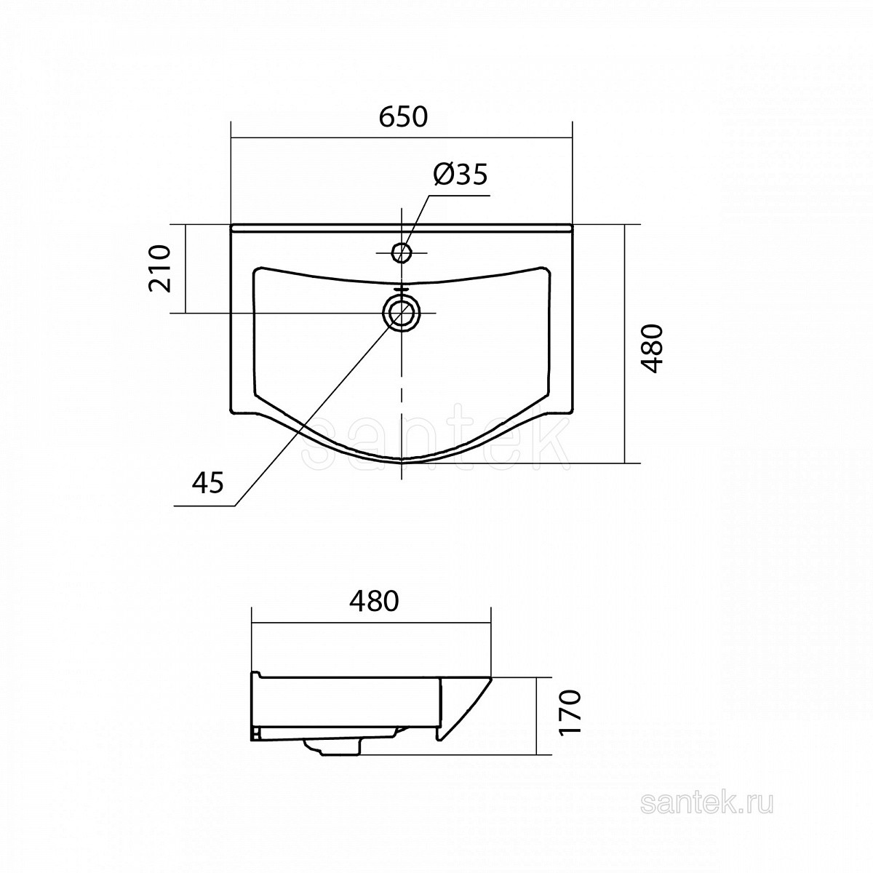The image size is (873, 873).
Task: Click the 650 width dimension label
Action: (403, 117)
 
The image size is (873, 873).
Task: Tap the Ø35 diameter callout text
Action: (461, 175)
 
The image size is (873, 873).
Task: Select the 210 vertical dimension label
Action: (160, 268)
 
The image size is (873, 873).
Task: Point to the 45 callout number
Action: (208, 482)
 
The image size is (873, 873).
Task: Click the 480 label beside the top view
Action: (653, 348)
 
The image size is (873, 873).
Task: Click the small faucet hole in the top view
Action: (401, 252)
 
